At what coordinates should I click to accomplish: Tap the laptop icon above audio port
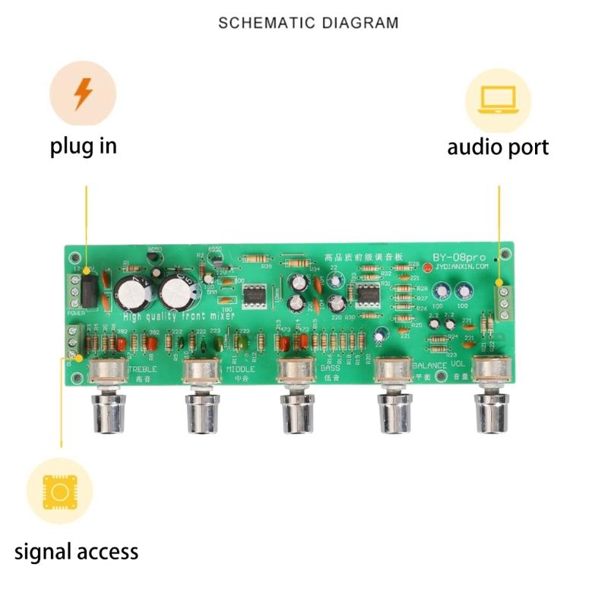(x=498, y=100)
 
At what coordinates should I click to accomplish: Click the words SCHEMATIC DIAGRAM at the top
(x=308, y=23)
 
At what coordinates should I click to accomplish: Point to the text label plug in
(x=84, y=145)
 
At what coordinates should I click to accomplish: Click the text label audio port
(x=498, y=147)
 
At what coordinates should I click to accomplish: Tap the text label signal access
(x=77, y=551)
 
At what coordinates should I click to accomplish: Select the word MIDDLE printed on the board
(x=241, y=369)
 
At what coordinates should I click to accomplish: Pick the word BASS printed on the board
(x=329, y=369)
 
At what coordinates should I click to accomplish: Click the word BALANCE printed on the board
(x=430, y=366)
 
